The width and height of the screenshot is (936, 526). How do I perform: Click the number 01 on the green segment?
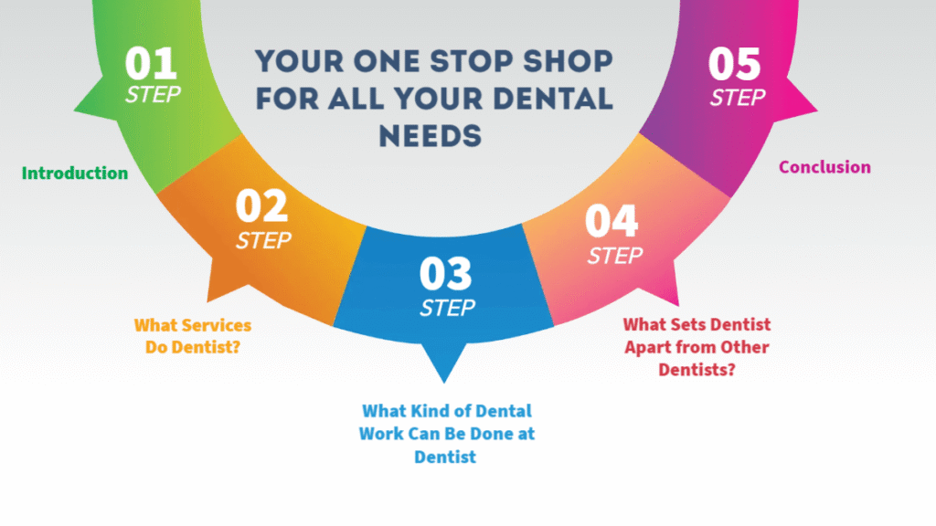click(x=151, y=63)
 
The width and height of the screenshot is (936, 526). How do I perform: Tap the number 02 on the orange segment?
click(x=261, y=205)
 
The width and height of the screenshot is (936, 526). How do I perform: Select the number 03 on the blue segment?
click(x=445, y=273)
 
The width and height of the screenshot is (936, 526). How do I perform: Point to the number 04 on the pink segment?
click(x=612, y=221)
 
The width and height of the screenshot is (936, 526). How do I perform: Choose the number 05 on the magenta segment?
click(x=734, y=64)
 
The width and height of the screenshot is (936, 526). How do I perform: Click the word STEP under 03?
click(x=447, y=308)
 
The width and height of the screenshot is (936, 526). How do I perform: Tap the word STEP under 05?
click(x=738, y=97)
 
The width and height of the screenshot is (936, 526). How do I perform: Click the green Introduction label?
click(x=75, y=173)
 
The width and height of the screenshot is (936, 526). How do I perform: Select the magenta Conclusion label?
click(x=824, y=167)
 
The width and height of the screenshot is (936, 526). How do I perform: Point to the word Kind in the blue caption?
click(x=426, y=411)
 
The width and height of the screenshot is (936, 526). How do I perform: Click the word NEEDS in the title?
click(x=431, y=136)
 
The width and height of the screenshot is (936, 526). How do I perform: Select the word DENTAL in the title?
click(x=553, y=99)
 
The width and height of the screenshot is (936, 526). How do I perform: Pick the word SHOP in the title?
click(x=568, y=61)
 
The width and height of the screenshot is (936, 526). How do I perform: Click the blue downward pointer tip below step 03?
click(x=444, y=382)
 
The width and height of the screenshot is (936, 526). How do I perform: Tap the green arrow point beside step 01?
click(x=75, y=110)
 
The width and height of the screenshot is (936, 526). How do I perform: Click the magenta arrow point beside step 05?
click(x=816, y=110)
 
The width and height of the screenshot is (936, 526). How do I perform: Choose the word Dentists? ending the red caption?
click(x=697, y=370)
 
